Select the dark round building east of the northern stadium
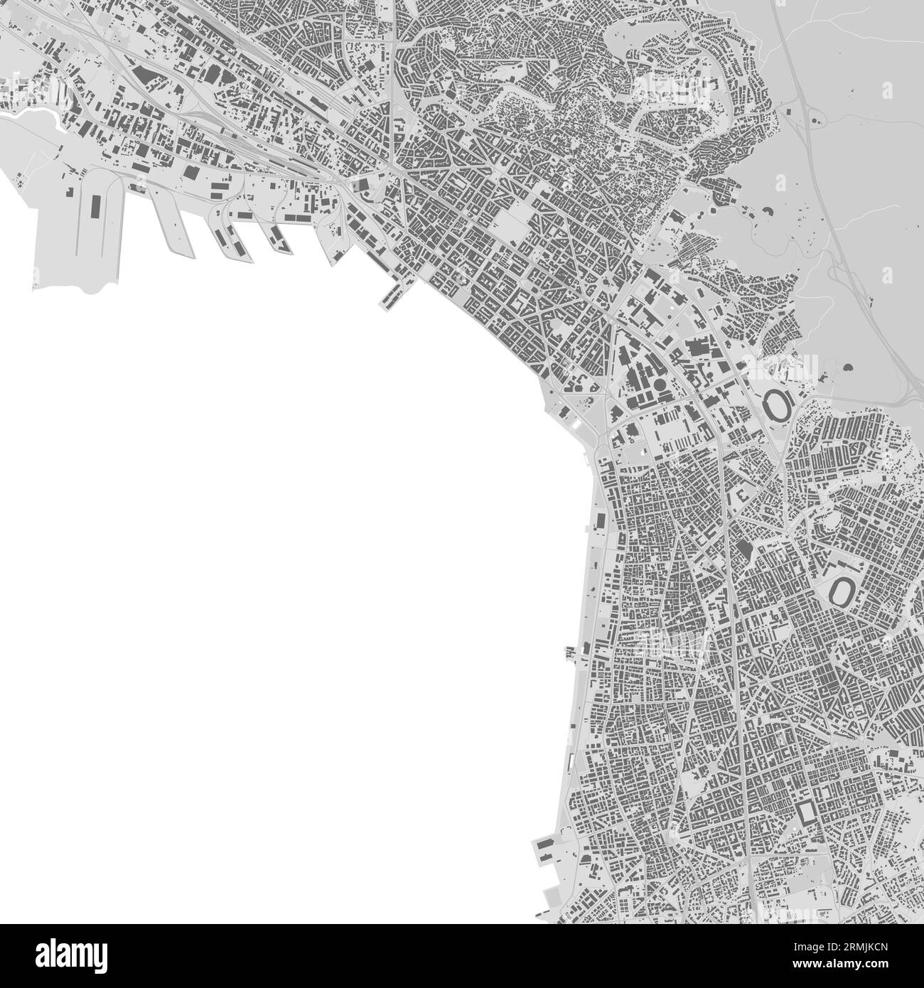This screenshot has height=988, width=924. click(849, 369)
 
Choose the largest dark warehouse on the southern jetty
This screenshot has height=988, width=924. click(546, 844)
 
